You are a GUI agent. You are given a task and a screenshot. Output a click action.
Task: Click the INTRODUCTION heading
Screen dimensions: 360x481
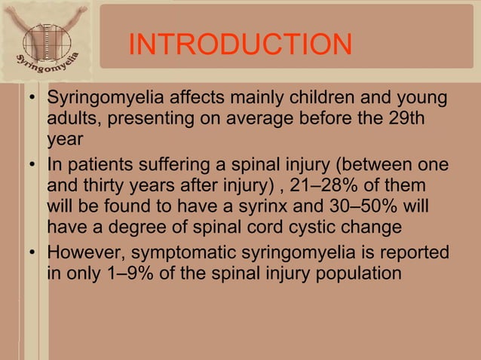coord(240,45)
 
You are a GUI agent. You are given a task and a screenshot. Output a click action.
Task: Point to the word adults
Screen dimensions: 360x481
coord(71,120)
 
